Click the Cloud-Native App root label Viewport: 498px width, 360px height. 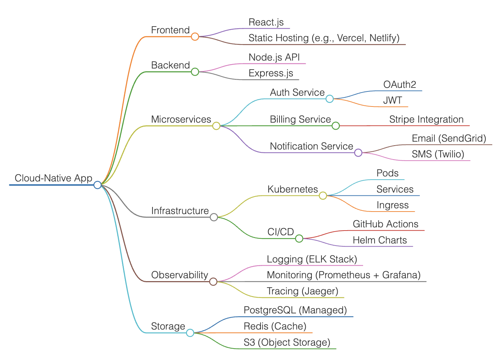click(53, 178)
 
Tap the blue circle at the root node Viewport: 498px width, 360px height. click(98, 185)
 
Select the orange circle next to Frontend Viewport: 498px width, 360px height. click(195, 37)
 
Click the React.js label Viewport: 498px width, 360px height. click(266, 22)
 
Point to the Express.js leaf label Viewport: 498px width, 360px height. click(271, 73)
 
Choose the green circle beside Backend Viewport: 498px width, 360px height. click(195, 72)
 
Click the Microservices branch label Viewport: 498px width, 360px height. click(181, 119)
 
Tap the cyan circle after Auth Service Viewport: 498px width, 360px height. click(329, 99)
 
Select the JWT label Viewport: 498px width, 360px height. click(392, 100)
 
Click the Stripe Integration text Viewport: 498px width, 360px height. click(426, 119)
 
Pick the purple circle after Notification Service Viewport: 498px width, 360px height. click(358, 153)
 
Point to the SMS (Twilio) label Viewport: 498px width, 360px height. click(438, 154)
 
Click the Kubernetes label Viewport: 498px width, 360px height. click(292, 189)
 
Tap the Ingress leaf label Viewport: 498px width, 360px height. click(393, 205)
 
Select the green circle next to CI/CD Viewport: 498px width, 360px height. click(299, 238)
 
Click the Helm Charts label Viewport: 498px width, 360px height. click(380, 240)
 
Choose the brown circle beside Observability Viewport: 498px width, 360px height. click(213, 281)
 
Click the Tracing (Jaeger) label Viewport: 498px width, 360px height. click(302, 291)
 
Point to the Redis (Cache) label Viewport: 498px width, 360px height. click(275, 326)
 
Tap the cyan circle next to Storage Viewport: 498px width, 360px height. click(190, 333)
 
